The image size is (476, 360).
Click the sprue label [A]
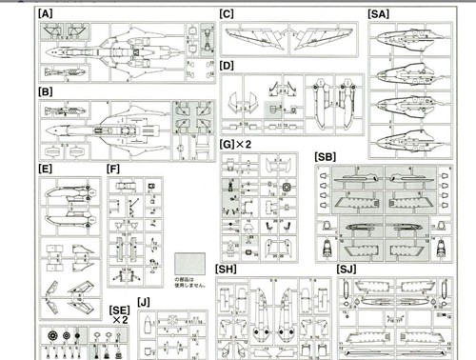[45, 15]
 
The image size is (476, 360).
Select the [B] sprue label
[45, 92]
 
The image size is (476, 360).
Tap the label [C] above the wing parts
[227, 13]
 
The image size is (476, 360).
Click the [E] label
[46, 169]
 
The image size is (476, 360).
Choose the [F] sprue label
[114, 169]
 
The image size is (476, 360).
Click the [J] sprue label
[144, 303]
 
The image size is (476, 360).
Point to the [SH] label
[227, 270]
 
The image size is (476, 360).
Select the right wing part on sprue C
[324, 40]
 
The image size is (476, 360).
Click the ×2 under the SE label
[120, 322]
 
